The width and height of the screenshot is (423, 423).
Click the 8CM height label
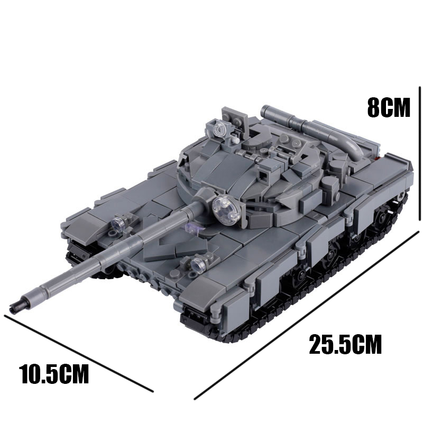click(389, 107)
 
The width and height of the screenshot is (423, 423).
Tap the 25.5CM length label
click(345, 344)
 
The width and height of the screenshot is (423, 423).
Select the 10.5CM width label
click(54, 373)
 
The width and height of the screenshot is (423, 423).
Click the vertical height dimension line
click(419, 154)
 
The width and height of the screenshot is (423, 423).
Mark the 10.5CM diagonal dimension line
click(78, 353)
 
